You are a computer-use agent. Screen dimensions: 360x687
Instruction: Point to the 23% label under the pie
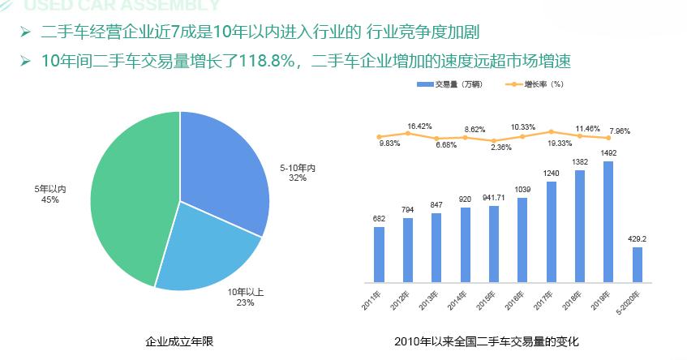pos(246,302)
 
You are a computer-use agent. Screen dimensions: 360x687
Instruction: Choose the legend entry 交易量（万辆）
pos(448,84)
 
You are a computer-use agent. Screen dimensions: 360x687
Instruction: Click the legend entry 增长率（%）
pos(538,84)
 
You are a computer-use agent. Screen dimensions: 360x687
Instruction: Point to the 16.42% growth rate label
pos(419,126)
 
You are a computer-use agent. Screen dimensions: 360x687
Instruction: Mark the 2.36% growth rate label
pos(501,148)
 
